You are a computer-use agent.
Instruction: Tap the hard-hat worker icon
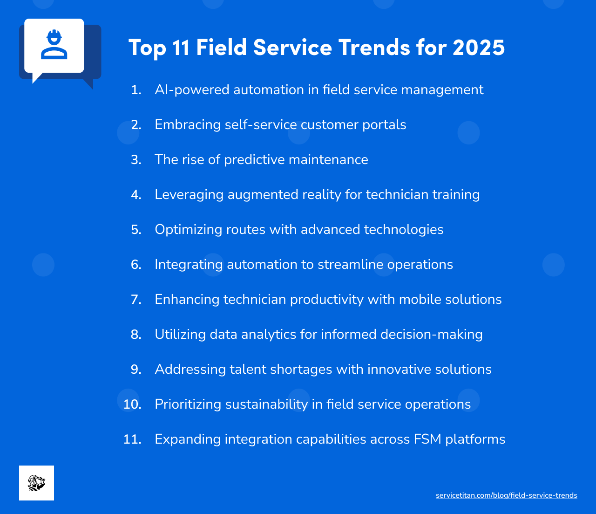(x=54, y=45)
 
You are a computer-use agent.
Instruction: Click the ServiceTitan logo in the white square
(x=36, y=483)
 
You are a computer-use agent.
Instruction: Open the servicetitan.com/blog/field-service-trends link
(x=506, y=495)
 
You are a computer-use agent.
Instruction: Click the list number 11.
(x=132, y=439)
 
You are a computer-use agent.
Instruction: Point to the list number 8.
(x=136, y=335)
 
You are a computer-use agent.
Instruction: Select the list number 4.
(x=136, y=195)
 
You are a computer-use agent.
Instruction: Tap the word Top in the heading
(x=147, y=48)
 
